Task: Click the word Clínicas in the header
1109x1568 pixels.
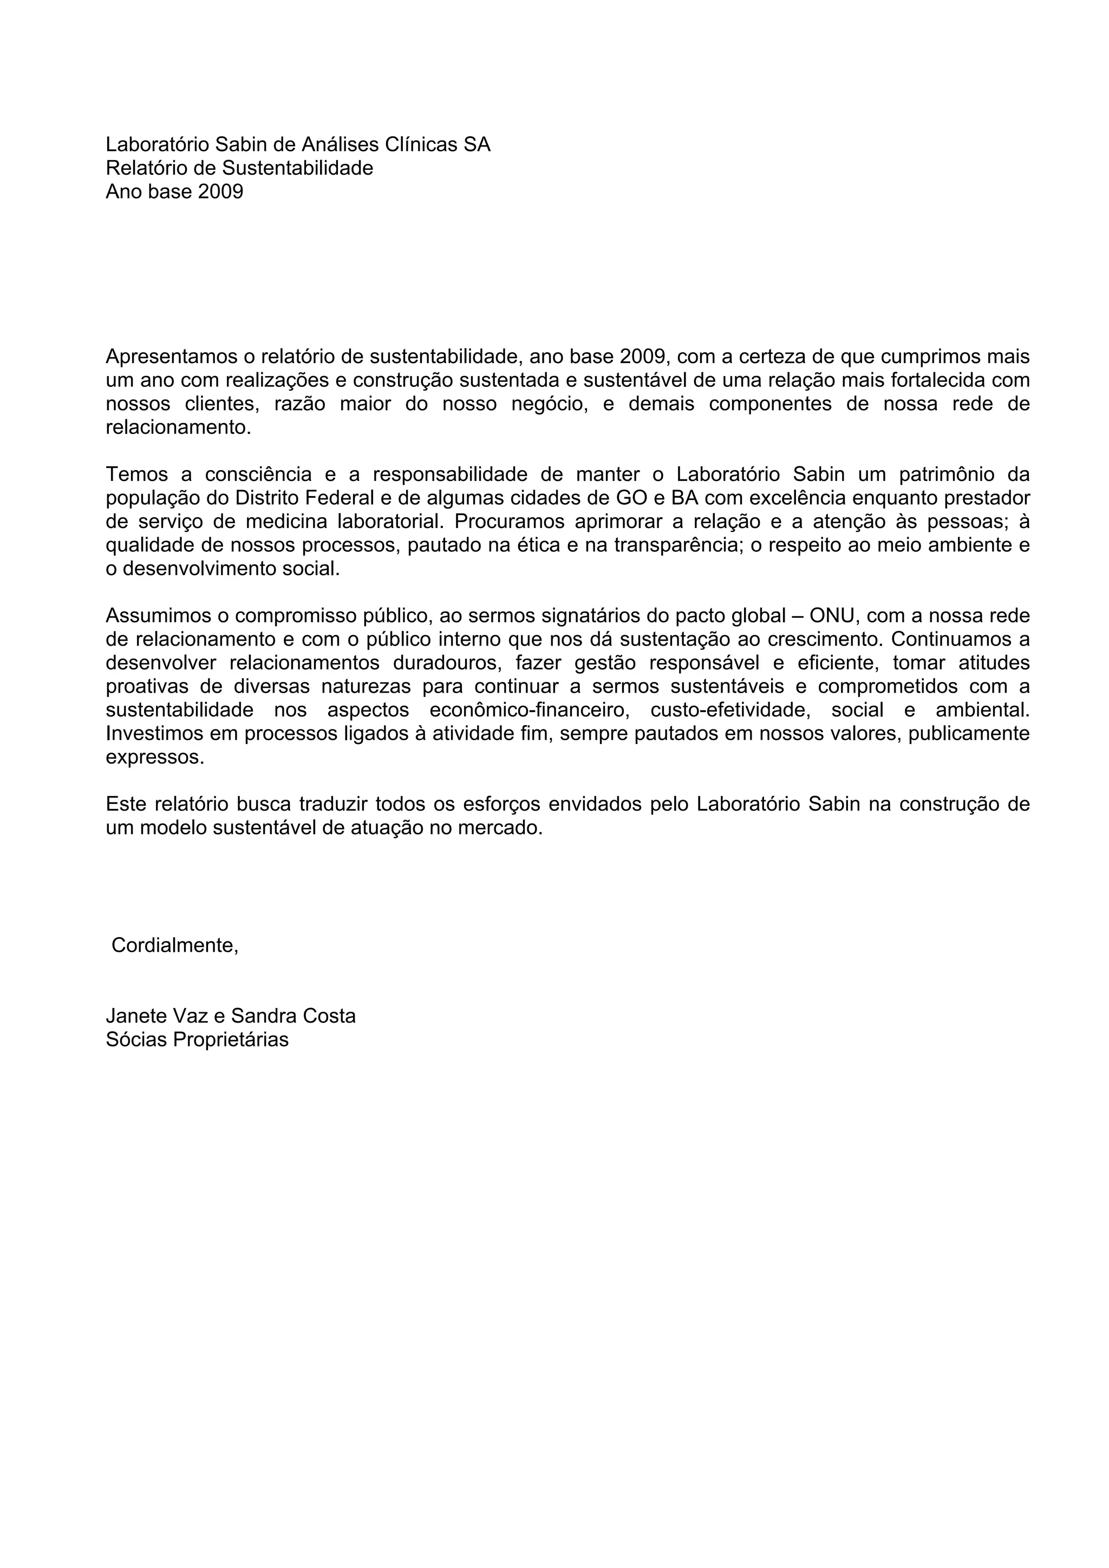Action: pyautogui.click(x=422, y=145)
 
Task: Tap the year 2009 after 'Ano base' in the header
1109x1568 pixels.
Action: pyautogui.click(x=221, y=192)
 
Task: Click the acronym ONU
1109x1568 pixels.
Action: pyautogui.click(x=832, y=616)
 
